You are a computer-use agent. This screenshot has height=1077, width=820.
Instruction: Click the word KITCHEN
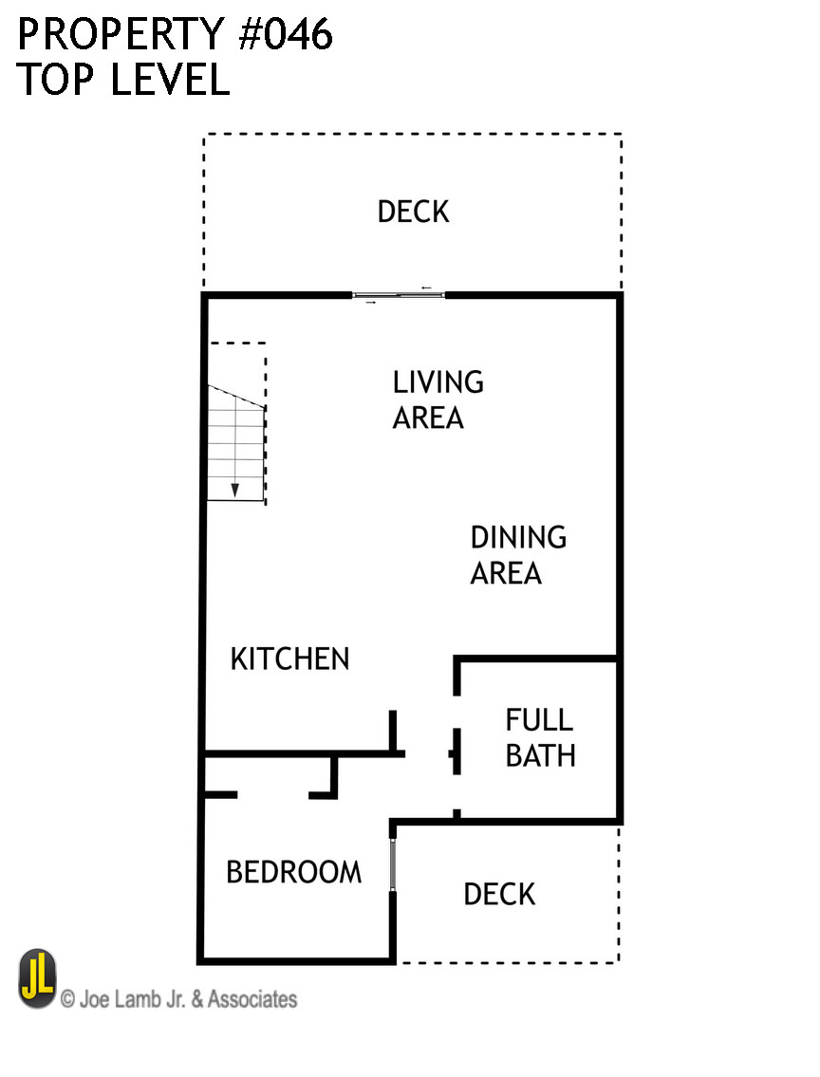pyautogui.click(x=289, y=659)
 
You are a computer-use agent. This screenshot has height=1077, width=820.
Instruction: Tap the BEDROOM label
pyautogui.click(x=293, y=872)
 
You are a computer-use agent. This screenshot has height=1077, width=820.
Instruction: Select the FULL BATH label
pyautogui.click(x=540, y=737)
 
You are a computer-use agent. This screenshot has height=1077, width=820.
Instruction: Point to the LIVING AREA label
pyautogui.click(x=438, y=399)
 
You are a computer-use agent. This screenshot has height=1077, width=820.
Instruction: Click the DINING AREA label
pyautogui.click(x=517, y=555)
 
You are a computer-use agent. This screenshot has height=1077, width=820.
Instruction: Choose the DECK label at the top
pyautogui.click(x=413, y=212)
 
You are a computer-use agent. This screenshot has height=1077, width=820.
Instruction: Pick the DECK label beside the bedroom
pyautogui.click(x=499, y=894)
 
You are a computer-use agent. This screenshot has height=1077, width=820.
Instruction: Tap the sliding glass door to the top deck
pyautogui.click(x=399, y=295)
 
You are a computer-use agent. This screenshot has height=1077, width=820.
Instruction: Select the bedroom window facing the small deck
pyautogui.click(x=392, y=862)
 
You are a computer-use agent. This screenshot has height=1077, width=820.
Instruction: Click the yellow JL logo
pyautogui.click(x=38, y=978)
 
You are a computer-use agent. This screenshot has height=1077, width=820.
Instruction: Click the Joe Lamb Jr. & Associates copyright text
pyautogui.click(x=178, y=998)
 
